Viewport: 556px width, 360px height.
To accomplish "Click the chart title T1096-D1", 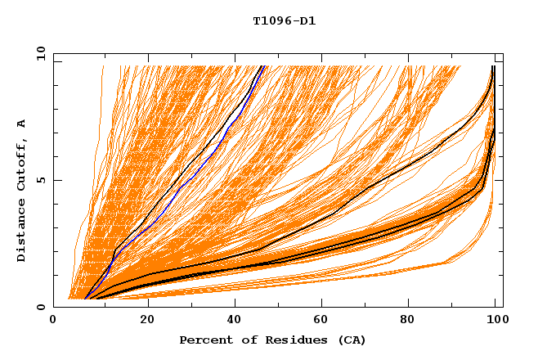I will (x=284, y=21).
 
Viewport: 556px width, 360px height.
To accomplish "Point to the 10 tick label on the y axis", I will (x=38, y=52).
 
